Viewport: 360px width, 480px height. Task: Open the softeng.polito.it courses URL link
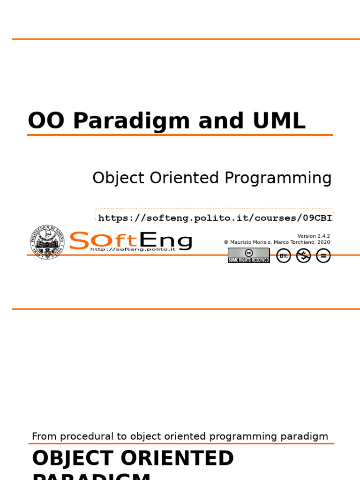[x=215, y=217]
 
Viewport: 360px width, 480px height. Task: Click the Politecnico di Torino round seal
[x=47, y=242]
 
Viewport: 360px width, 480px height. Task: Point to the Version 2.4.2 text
[x=314, y=236]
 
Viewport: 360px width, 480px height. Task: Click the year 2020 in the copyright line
[x=323, y=242]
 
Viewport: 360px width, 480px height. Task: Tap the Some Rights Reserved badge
[x=249, y=255]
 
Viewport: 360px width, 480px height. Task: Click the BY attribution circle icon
[x=284, y=256]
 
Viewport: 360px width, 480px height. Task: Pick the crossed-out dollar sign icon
[x=303, y=256]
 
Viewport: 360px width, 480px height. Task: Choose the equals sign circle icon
[x=323, y=256]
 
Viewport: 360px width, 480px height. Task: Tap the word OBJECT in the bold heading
[x=73, y=458]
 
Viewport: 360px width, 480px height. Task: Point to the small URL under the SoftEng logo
[x=132, y=249]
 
